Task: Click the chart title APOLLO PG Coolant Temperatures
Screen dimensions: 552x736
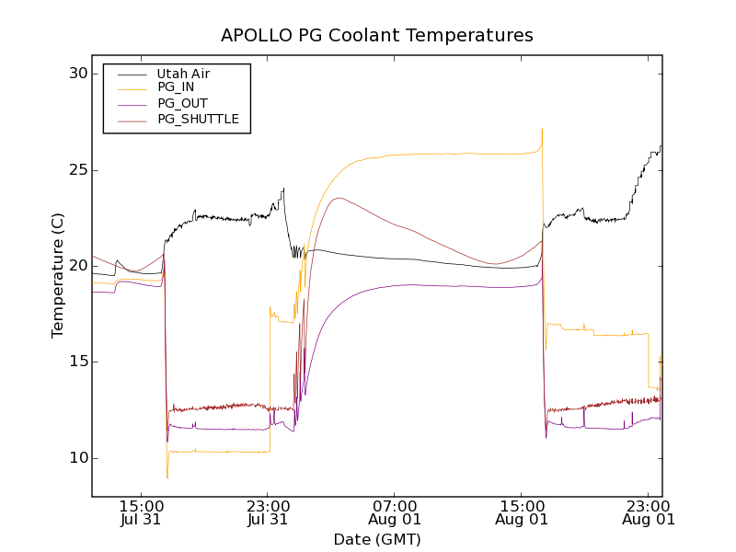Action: point(377,36)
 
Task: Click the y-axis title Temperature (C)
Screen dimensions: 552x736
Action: point(58,275)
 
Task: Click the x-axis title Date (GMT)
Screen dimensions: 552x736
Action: point(377,539)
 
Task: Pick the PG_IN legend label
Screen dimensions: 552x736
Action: point(176,88)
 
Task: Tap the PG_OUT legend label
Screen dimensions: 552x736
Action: point(181,103)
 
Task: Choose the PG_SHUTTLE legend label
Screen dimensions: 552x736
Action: point(198,119)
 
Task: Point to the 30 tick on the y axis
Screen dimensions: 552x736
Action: point(76,75)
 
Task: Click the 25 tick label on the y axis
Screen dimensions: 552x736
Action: point(76,170)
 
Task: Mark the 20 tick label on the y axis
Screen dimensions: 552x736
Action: point(76,266)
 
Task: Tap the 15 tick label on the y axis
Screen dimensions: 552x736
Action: point(76,362)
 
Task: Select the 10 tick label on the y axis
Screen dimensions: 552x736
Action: point(76,458)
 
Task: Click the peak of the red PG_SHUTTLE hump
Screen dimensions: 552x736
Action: point(339,198)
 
